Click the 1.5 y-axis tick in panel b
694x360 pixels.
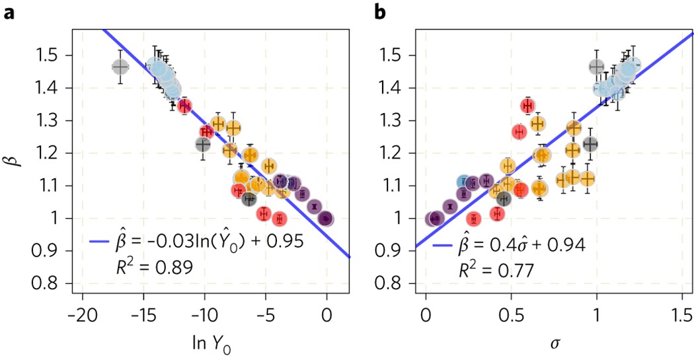(402, 55)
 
